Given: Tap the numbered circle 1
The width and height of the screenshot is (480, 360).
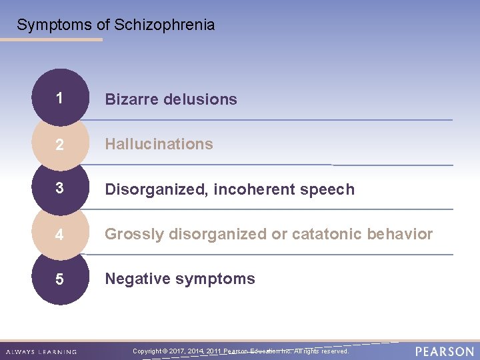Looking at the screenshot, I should tap(60, 99).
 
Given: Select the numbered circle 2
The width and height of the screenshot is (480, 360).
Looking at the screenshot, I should tap(60, 144).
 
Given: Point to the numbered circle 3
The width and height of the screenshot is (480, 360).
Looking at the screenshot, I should tap(60, 189).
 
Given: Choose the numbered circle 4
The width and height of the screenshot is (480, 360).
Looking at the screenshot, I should tap(60, 234).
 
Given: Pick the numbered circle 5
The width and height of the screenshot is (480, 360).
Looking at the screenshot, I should tap(60, 279).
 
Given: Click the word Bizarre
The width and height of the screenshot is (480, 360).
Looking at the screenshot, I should tap(130, 99).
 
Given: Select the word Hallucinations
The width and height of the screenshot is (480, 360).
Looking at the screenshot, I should tap(159, 144).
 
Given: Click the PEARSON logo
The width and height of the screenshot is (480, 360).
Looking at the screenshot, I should tap(445, 351).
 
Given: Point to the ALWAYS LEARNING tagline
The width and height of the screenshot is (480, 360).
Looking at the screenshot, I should tap(41, 352).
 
